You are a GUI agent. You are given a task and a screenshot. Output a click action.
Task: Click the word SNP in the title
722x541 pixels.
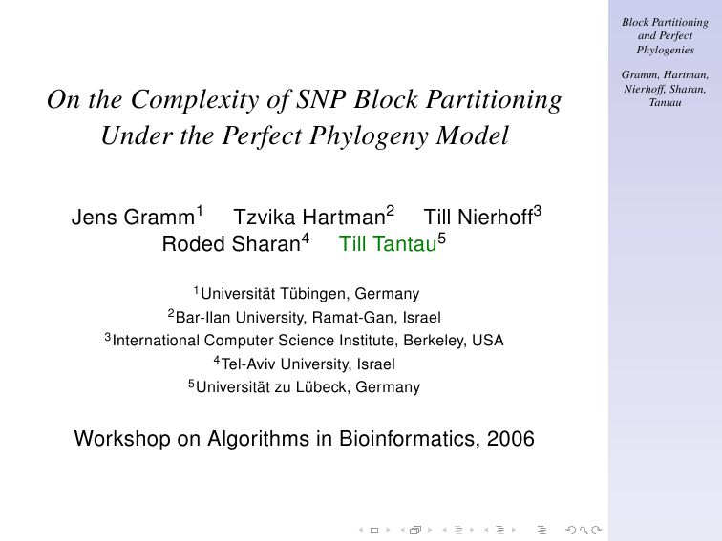tap(321, 99)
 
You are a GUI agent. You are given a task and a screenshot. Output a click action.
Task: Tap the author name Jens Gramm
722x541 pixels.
tap(133, 218)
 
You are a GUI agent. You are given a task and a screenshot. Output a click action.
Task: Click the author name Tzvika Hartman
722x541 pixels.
tap(309, 218)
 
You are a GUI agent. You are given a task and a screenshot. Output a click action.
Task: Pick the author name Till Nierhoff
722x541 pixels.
tap(478, 218)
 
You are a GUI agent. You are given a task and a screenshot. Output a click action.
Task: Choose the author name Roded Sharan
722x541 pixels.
tap(231, 244)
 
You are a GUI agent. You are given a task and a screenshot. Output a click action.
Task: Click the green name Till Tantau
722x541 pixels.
tap(388, 244)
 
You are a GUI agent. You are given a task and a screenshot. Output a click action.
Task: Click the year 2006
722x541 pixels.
tap(511, 438)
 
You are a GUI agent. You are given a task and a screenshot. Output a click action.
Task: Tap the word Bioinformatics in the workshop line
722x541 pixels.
tap(408, 438)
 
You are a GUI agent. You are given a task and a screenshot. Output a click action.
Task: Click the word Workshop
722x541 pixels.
tap(122, 438)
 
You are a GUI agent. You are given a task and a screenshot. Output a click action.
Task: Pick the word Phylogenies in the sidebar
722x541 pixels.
tap(666, 50)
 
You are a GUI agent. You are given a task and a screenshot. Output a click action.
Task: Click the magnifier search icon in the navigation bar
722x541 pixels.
tap(584, 530)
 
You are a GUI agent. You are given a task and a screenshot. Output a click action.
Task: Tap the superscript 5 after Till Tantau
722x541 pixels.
tap(441, 239)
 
